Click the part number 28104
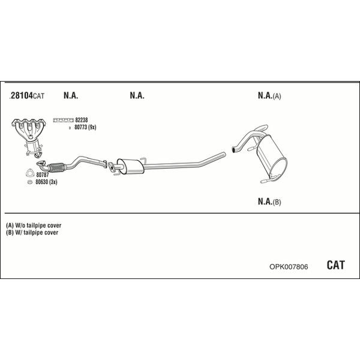tap(22, 95)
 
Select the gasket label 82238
tap(82, 120)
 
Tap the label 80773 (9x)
tap(85, 127)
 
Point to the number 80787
tap(43, 175)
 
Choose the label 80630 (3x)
tap(46, 182)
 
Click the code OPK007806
tap(289, 266)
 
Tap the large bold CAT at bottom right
tap(335, 265)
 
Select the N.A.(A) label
tap(269, 95)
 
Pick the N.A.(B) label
tap(269, 202)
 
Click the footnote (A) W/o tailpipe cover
tap(34, 225)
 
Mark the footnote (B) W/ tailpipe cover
tap(32, 232)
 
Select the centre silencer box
tap(130, 166)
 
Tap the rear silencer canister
tap(272, 156)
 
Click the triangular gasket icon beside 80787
tap(30, 173)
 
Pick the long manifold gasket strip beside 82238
tap(64, 120)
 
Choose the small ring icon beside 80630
tap(29, 182)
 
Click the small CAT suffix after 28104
tap(38, 96)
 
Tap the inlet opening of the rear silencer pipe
tap(233, 149)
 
